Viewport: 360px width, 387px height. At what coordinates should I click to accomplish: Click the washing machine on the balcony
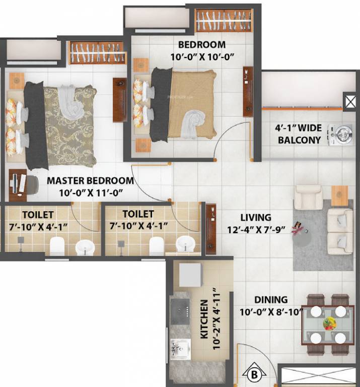(340, 135)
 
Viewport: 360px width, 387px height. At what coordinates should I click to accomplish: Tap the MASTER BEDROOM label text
(90, 181)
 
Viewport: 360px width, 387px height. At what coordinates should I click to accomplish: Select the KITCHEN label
(204, 319)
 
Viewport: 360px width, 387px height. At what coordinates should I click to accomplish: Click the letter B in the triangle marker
(254, 374)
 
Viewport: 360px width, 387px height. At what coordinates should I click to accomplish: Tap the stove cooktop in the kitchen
(180, 311)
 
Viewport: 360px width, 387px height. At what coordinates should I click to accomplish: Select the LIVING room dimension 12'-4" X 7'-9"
(256, 230)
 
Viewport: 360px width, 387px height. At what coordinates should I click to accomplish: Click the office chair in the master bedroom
(32, 185)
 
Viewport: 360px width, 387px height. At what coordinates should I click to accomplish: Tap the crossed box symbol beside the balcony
(350, 101)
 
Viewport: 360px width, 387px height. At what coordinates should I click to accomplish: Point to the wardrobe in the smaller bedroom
(224, 21)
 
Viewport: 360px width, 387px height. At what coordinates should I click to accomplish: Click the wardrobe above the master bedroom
(98, 53)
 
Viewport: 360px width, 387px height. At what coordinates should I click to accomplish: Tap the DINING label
(271, 300)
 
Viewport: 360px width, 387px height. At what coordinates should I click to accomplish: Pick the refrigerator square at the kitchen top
(190, 275)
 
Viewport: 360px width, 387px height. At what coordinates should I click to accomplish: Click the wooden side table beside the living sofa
(339, 196)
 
